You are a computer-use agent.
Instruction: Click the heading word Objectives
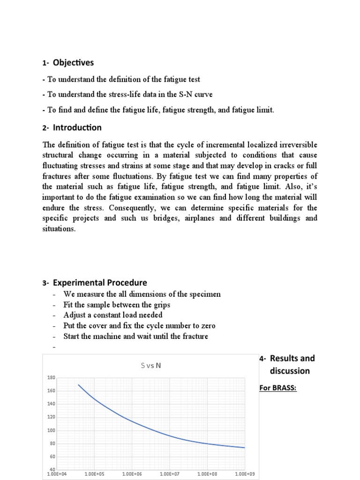[73, 63]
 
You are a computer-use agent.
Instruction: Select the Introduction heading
[77, 127]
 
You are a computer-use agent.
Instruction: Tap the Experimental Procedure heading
[100, 283]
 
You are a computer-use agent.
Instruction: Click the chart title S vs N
[150, 366]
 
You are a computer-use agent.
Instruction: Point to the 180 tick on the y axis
[52, 377]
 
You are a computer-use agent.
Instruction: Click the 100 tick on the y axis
[52, 430]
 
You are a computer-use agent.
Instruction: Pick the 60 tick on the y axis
[52, 457]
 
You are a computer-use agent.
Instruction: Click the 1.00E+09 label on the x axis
[244, 474]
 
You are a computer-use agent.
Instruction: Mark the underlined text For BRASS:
[278, 389]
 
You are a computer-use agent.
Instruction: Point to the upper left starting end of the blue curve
[79, 385]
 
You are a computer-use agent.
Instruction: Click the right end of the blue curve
[244, 447]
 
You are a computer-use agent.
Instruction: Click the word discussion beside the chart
[290, 371]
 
